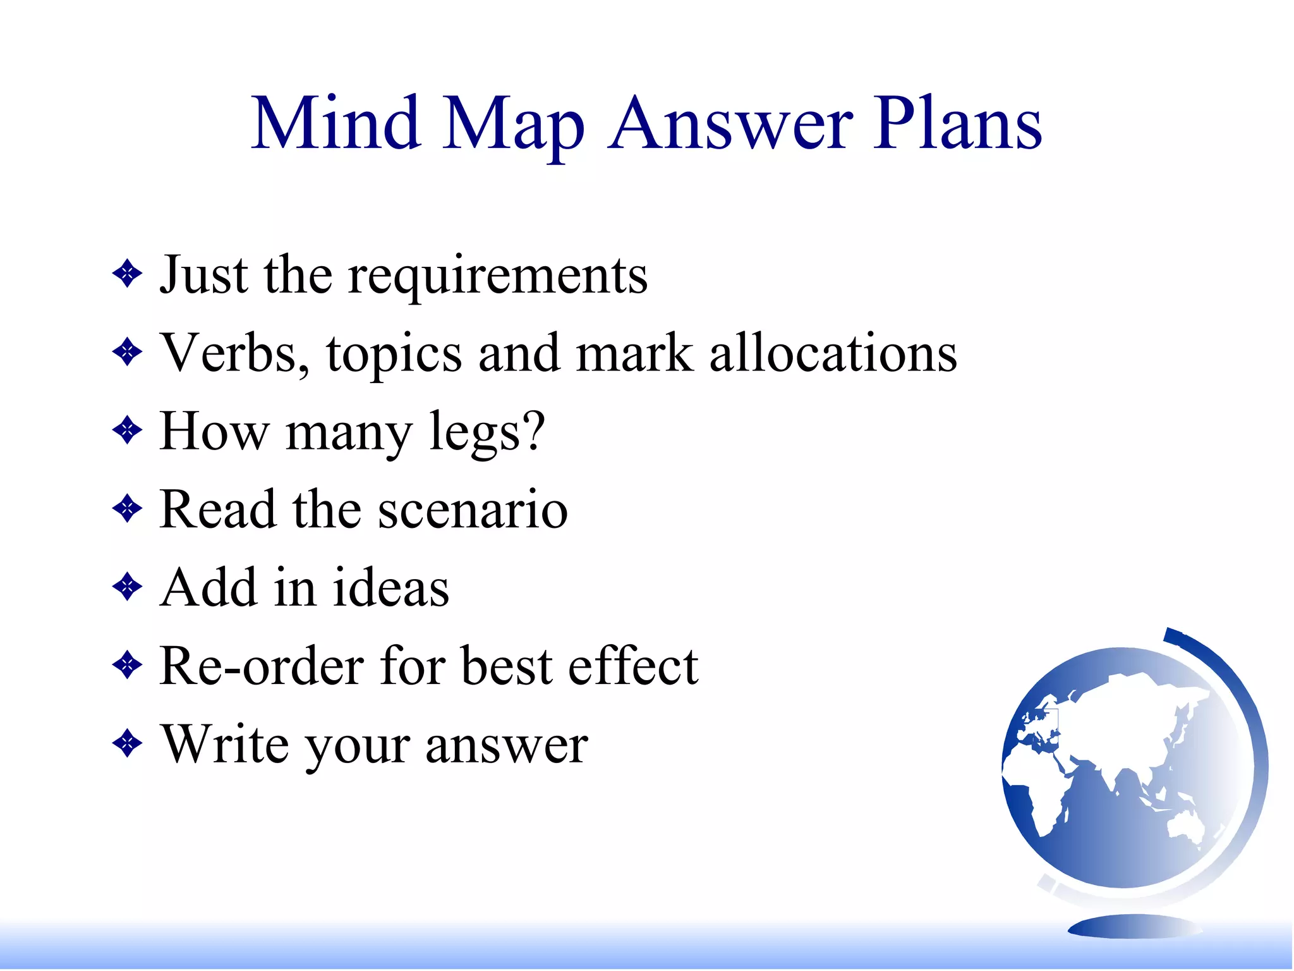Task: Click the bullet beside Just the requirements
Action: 128,274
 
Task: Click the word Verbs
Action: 228,353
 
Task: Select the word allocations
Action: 833,353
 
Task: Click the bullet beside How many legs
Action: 128,431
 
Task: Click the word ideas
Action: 390,588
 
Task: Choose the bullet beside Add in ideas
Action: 128,587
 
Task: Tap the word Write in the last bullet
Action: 225,744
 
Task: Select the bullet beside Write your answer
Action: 128,744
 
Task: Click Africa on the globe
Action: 1043,797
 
